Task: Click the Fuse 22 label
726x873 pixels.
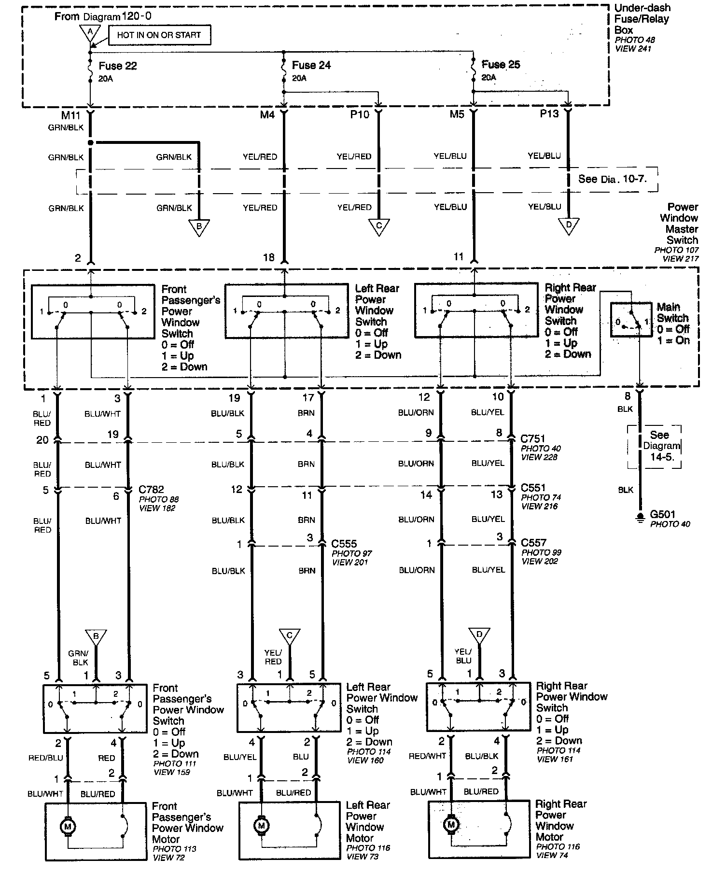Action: pos(118,66)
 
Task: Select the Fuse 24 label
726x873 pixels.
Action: pos(311,65)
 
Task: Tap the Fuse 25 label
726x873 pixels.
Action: pos(501,65)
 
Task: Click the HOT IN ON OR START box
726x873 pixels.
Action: pos(159,35)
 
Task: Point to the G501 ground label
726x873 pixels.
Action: pos(663,515)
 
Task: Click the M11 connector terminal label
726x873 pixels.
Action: pos(70,115)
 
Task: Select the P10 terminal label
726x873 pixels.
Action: pos(360,114)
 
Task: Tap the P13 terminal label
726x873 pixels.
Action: pos(549,114)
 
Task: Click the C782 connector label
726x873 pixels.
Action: pos(151,489)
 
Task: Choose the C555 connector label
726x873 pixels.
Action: pos(344,544)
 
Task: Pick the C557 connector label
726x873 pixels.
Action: pos(534,543)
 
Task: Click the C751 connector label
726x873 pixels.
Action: pos(533,439)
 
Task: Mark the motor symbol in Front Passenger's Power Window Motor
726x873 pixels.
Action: pos(68,827)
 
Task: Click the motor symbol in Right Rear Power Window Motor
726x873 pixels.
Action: pos(451,824)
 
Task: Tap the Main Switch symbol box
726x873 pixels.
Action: pos(631,320)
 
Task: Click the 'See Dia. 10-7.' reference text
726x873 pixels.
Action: pos(612,179)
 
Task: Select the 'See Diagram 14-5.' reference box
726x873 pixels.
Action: pos(658,446)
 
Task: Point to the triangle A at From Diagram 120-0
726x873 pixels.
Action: pos(89,32)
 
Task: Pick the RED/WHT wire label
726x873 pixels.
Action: pos(427,756)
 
